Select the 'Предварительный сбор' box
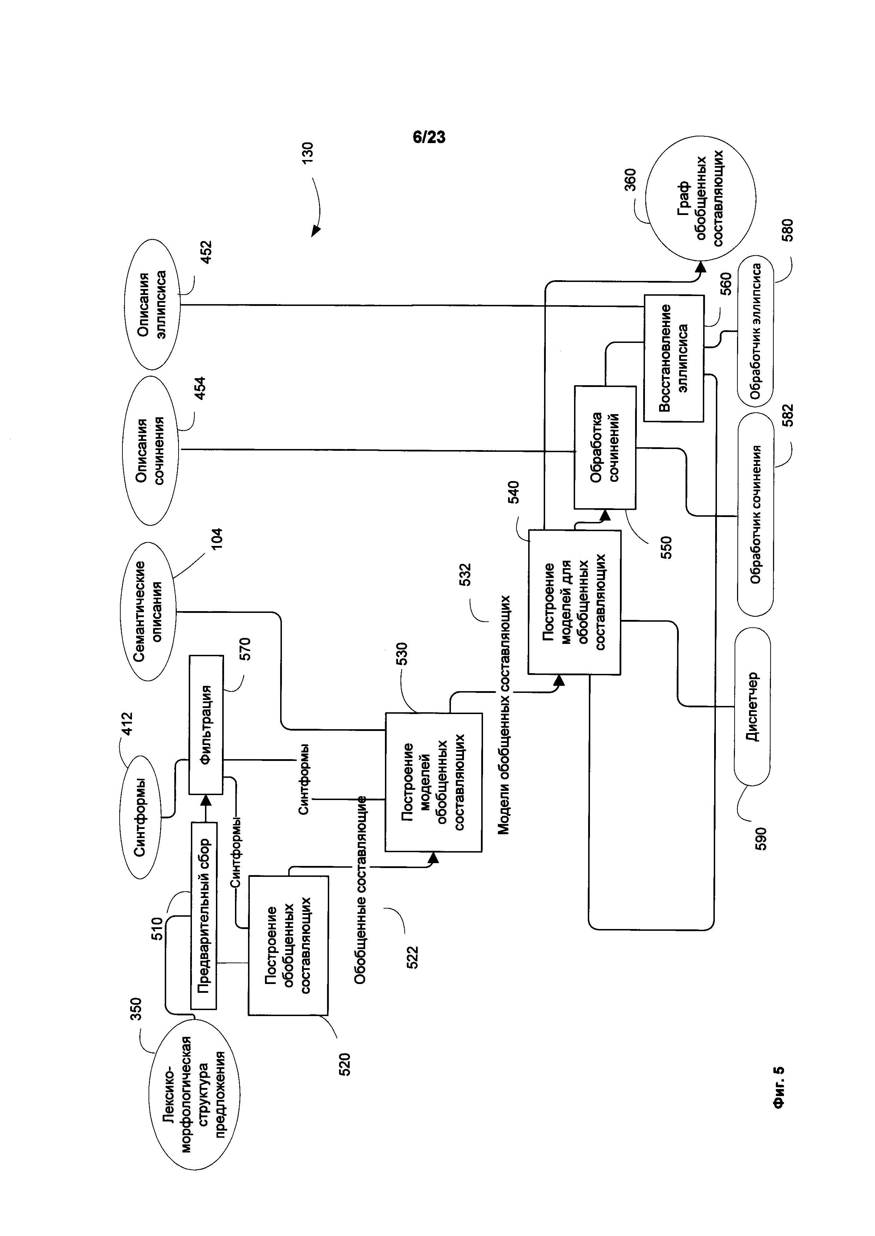click(204, 916)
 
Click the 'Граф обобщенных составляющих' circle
click(700, 199)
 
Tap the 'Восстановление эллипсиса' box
click(674, 358)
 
